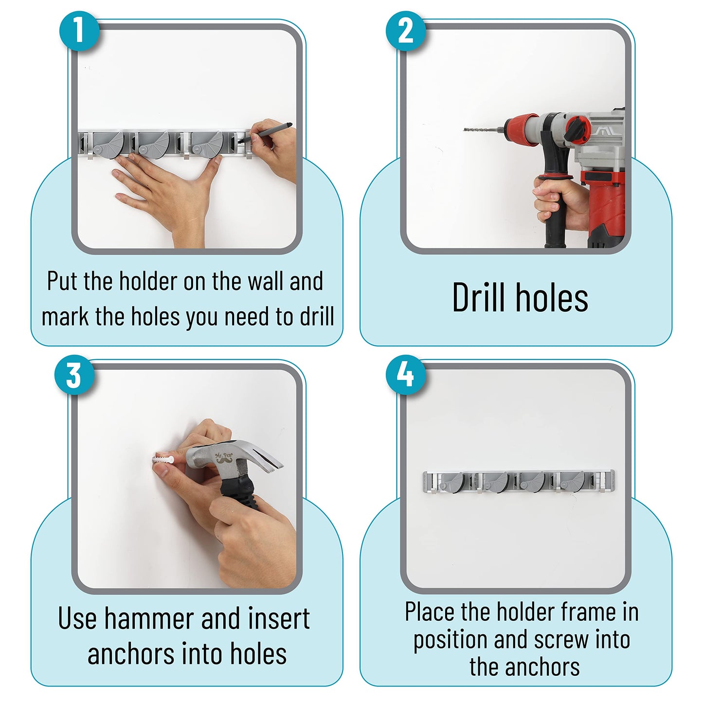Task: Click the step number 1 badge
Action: pyautogui.click(x=79, y=31)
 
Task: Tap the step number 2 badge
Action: pyautogui.click(x=406, y=31)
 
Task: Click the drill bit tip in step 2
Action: pyautogui.click(x=465, y=129)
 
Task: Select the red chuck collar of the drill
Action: pyautogui.click(x=520, y=129)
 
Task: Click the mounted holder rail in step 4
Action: pyautogui.click(x=519, y=482)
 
